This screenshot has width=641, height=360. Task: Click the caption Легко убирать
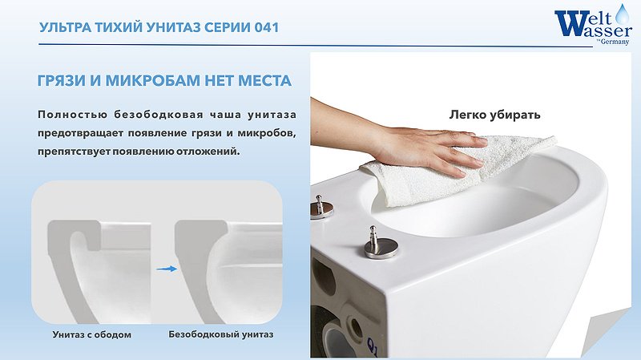[494, 114]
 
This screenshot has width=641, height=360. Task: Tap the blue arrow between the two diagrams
[166, 270]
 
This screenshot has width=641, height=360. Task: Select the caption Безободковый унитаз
[221, 334]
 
